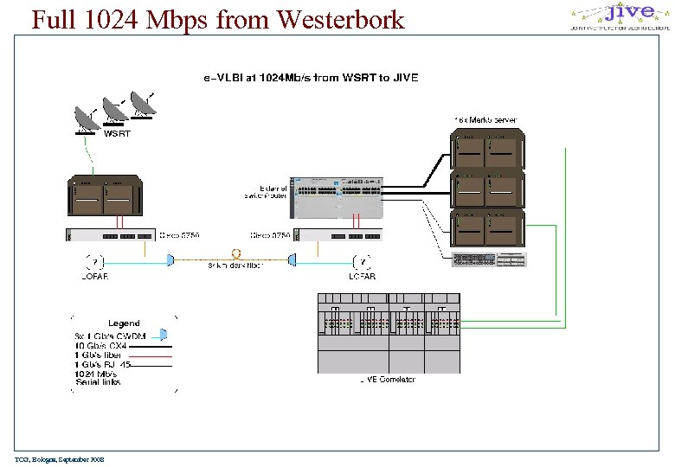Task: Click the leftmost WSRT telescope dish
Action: click(87, 121)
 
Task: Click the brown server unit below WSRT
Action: click(105, 198)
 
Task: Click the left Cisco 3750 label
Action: click(180, 234)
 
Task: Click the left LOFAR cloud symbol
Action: click(95, 261)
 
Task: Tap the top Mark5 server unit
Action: click(486, 149)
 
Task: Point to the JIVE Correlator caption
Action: click(387, 379)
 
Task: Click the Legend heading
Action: click(124, 323)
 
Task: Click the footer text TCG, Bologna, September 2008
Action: click(58, 459)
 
